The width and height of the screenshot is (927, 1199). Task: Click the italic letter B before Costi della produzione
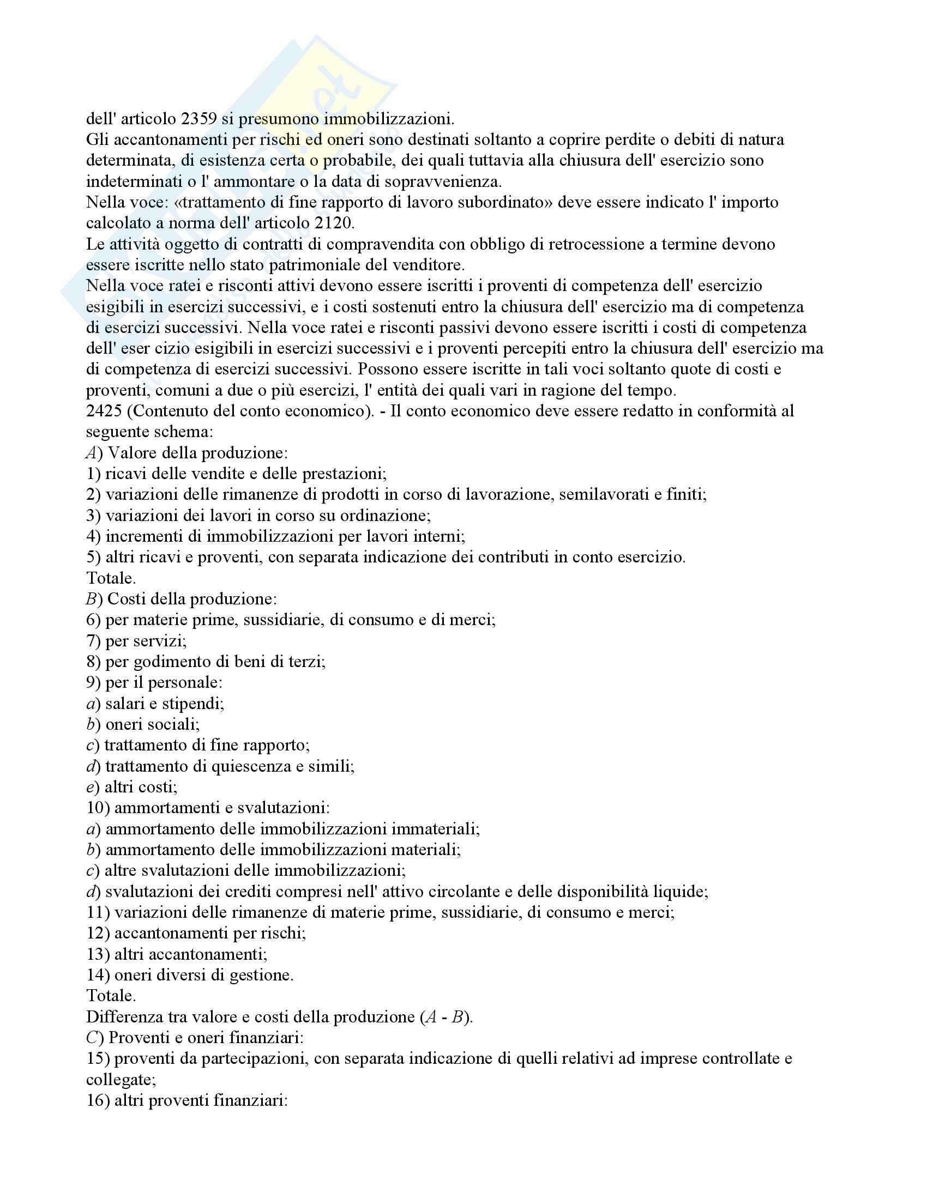coord(91,599)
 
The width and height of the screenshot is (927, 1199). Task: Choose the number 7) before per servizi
coord(93,641)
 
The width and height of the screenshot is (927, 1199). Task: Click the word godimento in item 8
coord(179,662)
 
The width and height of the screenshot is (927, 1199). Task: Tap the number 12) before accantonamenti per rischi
coord(98,932)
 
